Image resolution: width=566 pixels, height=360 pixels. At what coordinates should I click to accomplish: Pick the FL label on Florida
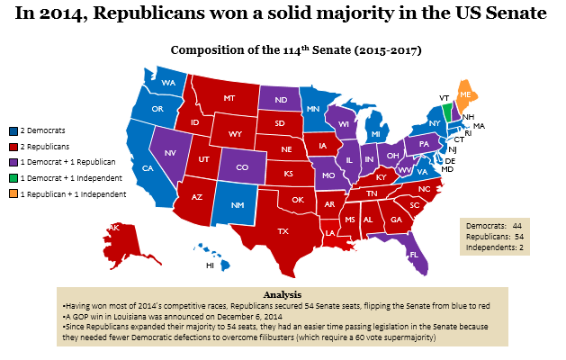[415, 255]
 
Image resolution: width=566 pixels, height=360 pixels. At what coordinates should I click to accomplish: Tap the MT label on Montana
[229, 98]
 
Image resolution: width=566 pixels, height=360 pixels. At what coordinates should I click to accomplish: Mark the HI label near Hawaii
[210, 265]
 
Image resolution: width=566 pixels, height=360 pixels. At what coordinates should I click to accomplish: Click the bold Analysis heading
[283, 294]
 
